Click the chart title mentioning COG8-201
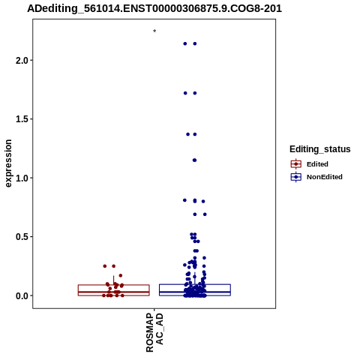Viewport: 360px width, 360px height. click(154, 8)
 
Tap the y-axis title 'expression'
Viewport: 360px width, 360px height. click(8, 163)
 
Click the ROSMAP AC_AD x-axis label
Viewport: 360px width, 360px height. click(154, 332)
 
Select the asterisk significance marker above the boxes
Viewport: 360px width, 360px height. click(154, 31)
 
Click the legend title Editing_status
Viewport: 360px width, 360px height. click(320, 149)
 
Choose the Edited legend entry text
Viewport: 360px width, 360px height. click(317, 164)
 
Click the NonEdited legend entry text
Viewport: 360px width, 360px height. click(325, 177)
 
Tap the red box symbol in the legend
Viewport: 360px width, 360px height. click(296, 164)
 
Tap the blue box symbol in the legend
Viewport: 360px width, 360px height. click(296, 177)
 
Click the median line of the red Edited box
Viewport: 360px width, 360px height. click(114, 292)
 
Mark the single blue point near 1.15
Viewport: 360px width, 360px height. click(194, 160)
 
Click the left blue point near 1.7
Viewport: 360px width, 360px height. click(185, 93)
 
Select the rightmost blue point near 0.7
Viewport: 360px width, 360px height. click(205, 214)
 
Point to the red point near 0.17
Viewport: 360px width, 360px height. click(121, 275)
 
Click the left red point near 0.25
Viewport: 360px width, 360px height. click(105, 266)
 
